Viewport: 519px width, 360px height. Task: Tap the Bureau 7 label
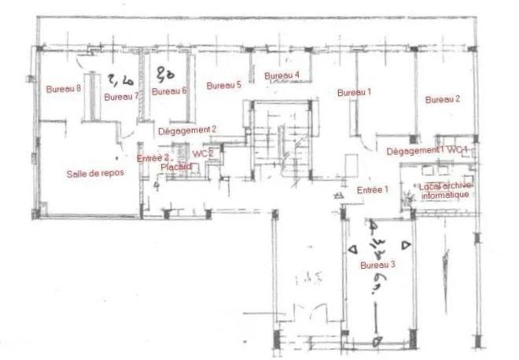click(x=121, y=97)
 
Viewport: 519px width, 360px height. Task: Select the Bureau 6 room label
click(x=169, y=91)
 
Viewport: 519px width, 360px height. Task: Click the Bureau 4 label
click(x=282, y=75)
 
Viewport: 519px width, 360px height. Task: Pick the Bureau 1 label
click(x=354, y=93)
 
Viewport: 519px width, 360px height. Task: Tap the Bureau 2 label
click(x=442, y=100)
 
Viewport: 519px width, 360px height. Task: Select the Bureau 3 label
click(x=377, y=265)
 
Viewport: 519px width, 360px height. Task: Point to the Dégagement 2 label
click(x=187, y=130)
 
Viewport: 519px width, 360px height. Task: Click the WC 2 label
click(x=203, y=154)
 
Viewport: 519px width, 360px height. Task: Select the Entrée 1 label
click(x=374, y=190)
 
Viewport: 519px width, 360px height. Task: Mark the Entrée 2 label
click(x=154, y=158)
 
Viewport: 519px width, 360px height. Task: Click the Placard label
click(x=176, y=167)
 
